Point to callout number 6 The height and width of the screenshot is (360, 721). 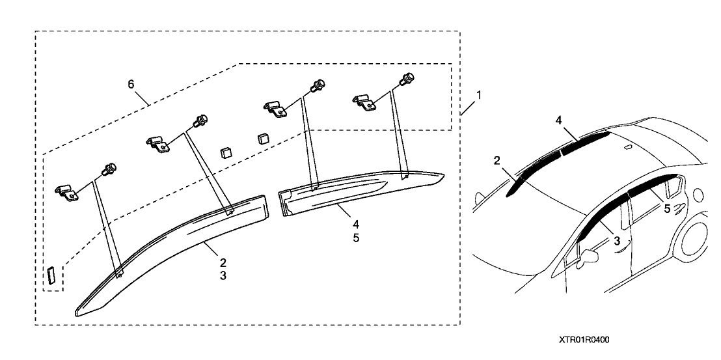pyautogui.click(x=131, y=85)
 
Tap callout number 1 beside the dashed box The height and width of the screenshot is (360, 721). pyautogui.click(x=478, y=94)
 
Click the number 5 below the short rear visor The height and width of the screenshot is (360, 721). pyautogui.click(x=356, y=238)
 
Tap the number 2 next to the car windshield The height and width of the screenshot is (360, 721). pyautogui.click(x=497, y=159)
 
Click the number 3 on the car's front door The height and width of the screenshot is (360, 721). pyautogui.click(x=617, y=240)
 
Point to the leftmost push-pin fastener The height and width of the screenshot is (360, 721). pyautogui.click(x=109, y=169)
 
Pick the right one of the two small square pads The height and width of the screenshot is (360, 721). pyautogui.click(x=262, y=138)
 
